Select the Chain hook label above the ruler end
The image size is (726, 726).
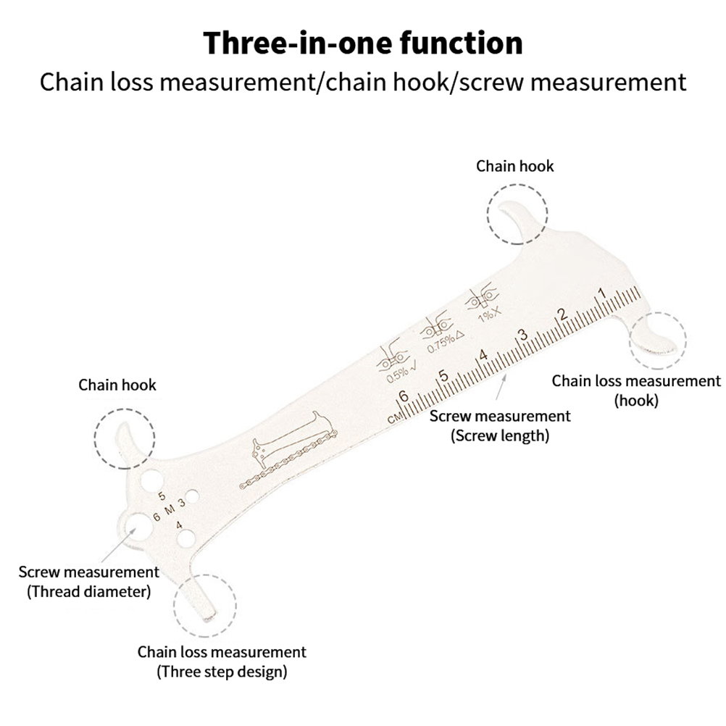click(514, 166)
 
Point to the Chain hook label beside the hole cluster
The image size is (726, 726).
click(117, 384)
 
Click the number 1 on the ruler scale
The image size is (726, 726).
click(601, 293)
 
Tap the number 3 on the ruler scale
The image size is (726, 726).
click(520, 335)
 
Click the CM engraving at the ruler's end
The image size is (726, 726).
click(394, 418)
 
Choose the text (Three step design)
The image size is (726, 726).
click(222, 671)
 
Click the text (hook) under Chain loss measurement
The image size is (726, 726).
click(636, 400)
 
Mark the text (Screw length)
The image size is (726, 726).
click(500, 435)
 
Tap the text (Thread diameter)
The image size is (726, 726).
click(89, 591)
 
